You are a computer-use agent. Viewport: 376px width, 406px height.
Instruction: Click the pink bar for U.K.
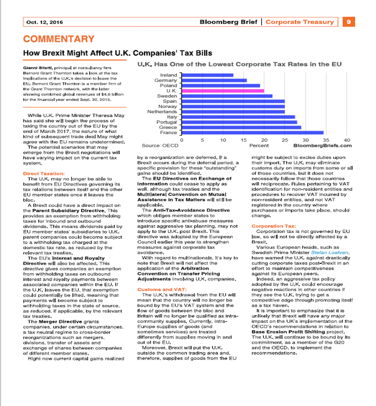tap(223, 91)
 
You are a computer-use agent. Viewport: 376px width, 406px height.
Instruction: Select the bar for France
tap(252, 133)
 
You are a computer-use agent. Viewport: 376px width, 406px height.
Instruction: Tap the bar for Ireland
tap(207, 75)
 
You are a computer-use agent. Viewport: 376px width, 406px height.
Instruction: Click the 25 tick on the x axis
tap(285, 140)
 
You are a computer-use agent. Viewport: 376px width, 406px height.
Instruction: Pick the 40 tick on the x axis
tap(347, 140)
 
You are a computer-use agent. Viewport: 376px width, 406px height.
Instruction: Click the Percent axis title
tap(259, 146)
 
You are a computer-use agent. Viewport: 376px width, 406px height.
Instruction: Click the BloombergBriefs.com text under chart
tap(322, 146)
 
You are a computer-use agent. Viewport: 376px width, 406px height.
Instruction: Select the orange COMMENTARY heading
tap(59, 39)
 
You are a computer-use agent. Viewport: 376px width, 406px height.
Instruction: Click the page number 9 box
tap(349, 22)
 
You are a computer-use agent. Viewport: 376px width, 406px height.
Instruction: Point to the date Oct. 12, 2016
tap(45, 22)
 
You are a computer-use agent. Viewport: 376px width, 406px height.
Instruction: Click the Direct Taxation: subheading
tap(44, 173)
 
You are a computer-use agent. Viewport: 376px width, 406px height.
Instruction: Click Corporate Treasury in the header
tap(300, 22)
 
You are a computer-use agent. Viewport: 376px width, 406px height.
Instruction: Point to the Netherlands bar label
tap(162, 112)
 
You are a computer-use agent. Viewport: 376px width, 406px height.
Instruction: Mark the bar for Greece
tap(241, 127)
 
